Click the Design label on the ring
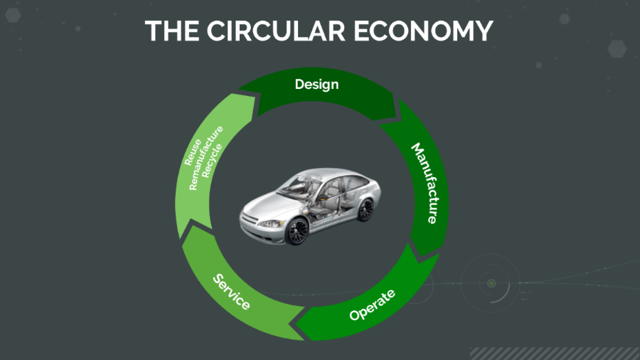(x=316, y=85)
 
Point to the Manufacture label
(x=425, y=184)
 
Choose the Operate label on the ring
(x=372, y=305)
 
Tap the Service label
(x=232, y=292)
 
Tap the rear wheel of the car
(x=365, y=208)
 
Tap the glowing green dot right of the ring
(x=491, y=284)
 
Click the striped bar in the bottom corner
(x=555, y=353)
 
